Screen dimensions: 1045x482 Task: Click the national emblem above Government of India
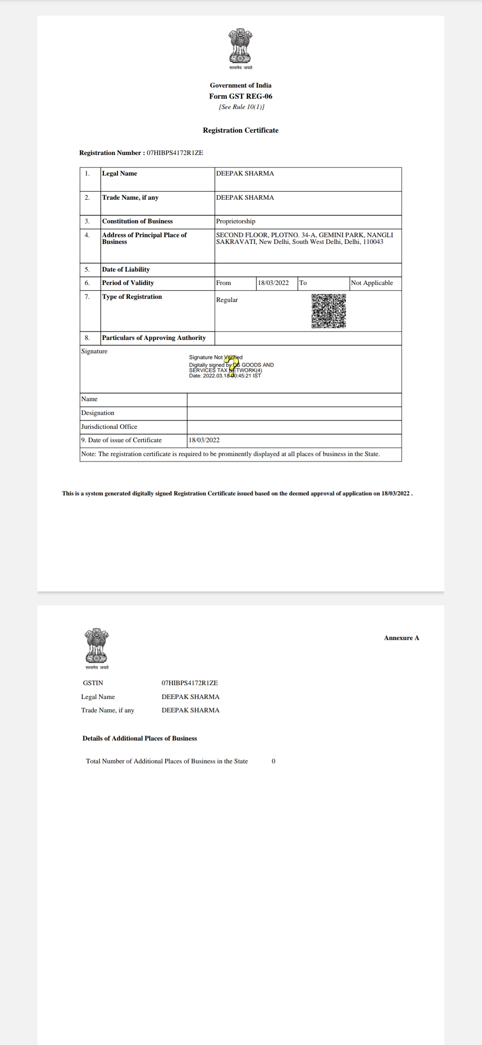[x=241, y=46]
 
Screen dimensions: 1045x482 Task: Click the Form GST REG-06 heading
[x=241, y=96]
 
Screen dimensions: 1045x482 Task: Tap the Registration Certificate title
[x=241, y=130]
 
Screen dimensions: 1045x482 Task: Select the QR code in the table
[x=329, y=311]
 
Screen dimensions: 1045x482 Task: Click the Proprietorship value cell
[x=236, y=222]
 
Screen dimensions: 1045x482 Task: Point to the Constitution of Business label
[x=137, y=222]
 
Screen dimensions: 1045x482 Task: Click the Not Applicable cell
[x=372, y=283]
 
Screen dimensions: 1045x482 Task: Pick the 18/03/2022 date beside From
[x=273, y=283]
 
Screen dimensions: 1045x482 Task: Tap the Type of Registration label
[x=132, y=297]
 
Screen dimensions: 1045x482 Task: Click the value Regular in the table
[x=227, y=300]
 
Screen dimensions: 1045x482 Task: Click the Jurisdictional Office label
[x=109, y=427]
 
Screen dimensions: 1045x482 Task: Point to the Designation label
[x=98, y=413]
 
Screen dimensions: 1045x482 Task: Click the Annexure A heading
[x=401, y=638]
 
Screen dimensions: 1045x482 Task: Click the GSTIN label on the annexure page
[x=93, y=683]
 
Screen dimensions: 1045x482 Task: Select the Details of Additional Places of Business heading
[x=140, y=739]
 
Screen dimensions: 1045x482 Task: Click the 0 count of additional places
[x=274, y=761]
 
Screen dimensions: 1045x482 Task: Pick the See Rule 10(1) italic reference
[x=241, y=107]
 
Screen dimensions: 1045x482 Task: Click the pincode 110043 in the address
[x=373, y=242]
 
